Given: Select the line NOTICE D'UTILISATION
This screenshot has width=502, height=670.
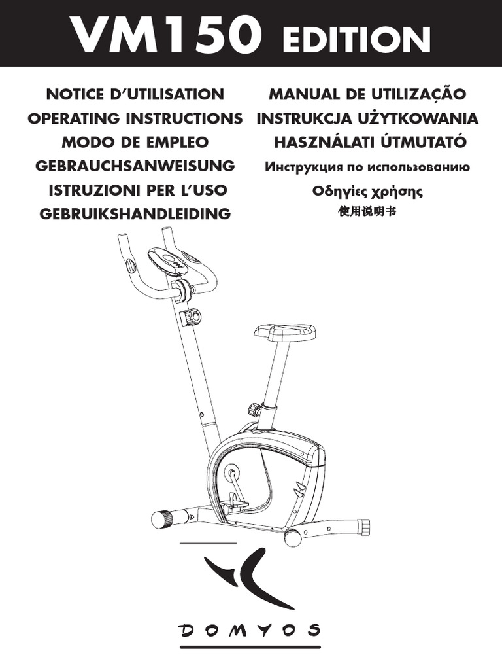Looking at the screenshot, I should point(135,94).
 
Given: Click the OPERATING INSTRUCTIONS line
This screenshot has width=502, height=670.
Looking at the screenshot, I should point(135,118).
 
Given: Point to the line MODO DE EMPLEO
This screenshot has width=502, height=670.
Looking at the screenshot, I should point(135,142).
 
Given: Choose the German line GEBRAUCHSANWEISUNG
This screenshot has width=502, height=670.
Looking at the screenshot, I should point(135,166).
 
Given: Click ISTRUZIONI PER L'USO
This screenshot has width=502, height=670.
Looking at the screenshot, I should point(138,190).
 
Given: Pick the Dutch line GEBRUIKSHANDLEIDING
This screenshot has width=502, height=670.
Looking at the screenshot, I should point(135,213).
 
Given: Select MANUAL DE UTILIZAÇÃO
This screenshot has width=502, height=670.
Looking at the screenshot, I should point(367,94).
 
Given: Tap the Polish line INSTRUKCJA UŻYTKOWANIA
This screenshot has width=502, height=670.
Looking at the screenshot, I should point(367,118).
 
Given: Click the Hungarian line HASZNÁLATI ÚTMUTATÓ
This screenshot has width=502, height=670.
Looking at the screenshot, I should point(369,142).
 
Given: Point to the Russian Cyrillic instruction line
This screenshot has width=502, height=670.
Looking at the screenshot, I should point(367,167).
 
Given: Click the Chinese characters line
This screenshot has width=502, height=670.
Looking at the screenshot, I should point(368,212).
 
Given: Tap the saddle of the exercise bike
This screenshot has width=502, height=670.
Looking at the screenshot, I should point(284,332).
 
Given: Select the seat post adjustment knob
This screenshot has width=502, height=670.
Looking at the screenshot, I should point(254,410).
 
